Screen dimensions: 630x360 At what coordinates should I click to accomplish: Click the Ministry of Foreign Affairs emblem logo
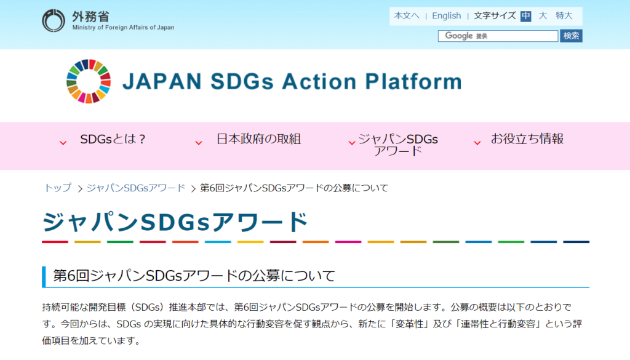(x=54, y=20)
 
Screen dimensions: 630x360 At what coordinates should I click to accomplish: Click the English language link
(x=447, y=15)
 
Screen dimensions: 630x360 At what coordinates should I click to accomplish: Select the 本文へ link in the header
(x=407, y=15)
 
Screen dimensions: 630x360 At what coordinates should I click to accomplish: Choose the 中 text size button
(x=525, y=16)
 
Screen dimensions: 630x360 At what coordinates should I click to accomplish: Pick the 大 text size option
(x=543, y=15)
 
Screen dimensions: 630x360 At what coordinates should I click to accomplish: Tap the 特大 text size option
(x=564, y=15)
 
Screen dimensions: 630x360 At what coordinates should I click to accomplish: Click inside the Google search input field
(x=498, y=36)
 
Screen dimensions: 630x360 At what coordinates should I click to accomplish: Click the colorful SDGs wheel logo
(x=89, y=81)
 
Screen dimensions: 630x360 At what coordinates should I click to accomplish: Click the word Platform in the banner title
(x=414, y=82)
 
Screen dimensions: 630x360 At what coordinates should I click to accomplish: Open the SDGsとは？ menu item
(x=113, y=139)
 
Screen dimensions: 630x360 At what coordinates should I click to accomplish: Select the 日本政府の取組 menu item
(x=258, y=139)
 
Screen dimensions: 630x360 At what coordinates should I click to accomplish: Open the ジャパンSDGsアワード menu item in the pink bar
(x=398, y=145)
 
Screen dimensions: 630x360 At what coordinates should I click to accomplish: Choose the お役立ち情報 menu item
(x=527, y=139)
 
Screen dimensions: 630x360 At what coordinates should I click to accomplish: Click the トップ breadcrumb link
(x=57, y=188)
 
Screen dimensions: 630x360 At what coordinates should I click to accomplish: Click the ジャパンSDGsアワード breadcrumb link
(x=136, y=188)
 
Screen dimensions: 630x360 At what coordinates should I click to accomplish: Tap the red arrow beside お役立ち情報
(x=477, y=143)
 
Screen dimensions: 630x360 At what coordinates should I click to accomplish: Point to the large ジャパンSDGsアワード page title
(x=175, y=222)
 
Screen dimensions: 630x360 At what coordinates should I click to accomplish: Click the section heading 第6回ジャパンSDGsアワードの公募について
(x=194, y=276)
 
